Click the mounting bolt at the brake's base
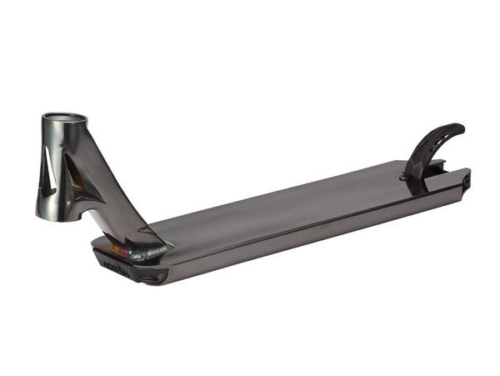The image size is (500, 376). (409, 176)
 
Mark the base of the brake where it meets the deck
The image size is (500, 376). (412, 177)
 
